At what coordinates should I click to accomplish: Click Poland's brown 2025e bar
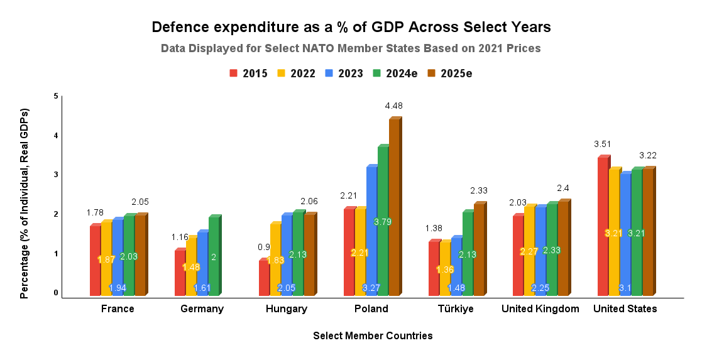[x=394, y=207]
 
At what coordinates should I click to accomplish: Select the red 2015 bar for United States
[x=603, y=226]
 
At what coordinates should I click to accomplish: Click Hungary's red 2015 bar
[x=264, y=278]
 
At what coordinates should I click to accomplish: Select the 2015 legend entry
[x=249, y=74]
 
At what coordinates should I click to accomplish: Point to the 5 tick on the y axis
[x=55, y=96]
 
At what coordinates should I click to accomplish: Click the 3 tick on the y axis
[x=55, y=175]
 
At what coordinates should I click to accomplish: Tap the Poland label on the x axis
[x=371, y=308]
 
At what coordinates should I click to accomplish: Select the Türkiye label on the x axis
[x=456, y=308]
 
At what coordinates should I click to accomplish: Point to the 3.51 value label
[x=603, y=144]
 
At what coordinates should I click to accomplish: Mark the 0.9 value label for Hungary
[x=264, y=247]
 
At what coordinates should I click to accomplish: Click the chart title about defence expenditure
[x=351, y=27]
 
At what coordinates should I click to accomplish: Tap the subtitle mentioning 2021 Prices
[x=351, y=48]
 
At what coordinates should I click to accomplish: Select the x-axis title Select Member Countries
[x=373, y=335]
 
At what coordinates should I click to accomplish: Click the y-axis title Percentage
[x=25, y=202]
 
